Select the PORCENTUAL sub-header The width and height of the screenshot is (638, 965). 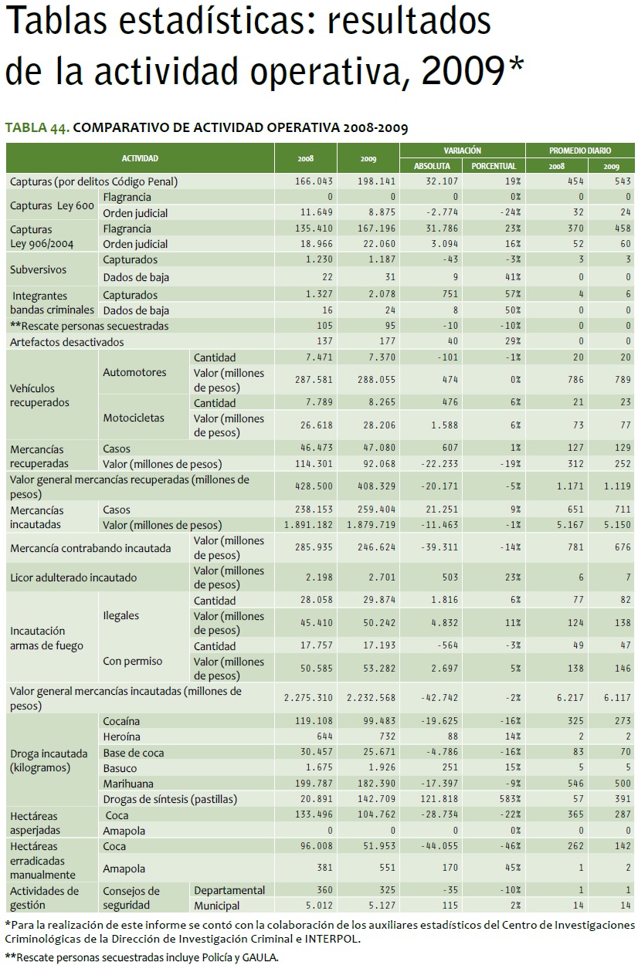click(494, 166)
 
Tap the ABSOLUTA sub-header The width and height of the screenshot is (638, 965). click(432, 166)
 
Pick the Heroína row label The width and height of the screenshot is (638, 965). click(122, 736)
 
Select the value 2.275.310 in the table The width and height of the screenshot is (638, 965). click(307, 697)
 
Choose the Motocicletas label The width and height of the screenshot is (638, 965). click(134, 418)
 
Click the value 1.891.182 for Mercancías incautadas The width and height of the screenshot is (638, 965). click(307, 526)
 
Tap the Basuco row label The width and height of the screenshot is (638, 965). click(120, 768)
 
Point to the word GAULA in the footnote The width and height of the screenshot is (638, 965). click(259, 957)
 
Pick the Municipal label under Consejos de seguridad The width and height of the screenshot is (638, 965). click(217, 906)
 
